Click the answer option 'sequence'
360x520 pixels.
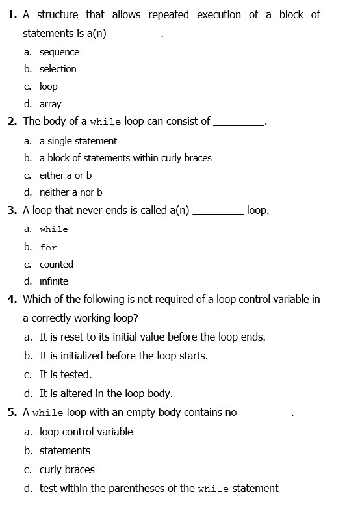point(59,52)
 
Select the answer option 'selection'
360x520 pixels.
point(58,69)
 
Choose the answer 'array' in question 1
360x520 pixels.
point(50,104)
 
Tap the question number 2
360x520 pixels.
point(12,121)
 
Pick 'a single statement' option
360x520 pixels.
point(78,141)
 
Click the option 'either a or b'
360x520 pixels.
point(66,175)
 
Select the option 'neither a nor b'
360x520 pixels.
point(71,192)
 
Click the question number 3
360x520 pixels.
point(12,211)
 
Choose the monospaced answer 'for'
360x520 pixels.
point(48,248)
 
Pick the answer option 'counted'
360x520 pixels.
point(57,265)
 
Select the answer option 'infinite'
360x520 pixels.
point(54,281)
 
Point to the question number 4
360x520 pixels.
point(12,300)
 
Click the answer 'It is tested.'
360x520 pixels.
point(66,374)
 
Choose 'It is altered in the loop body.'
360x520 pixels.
point(106,393)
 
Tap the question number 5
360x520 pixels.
point(12,412)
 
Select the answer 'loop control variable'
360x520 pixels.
point(86,432)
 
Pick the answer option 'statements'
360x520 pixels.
point(65,450)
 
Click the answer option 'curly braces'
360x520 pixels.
point(67,469)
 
